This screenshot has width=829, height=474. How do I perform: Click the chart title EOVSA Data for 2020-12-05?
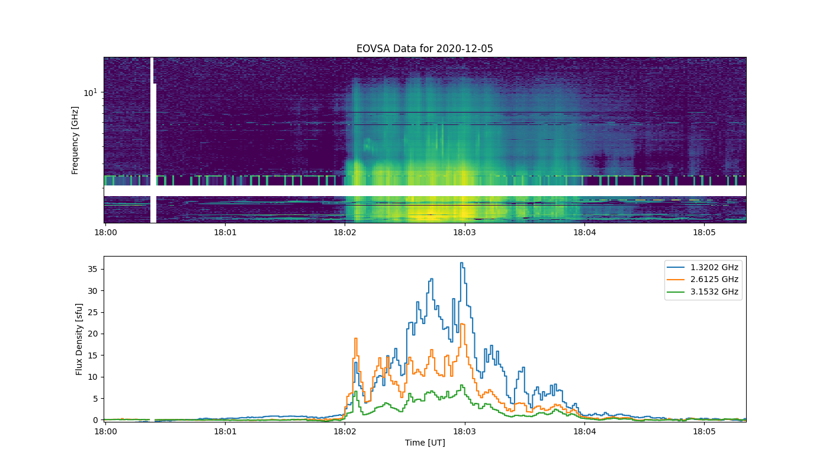pyautogui.click(x=425, y=49)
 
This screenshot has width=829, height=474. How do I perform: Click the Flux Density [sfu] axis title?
pyautogui.click(x=79, y=339)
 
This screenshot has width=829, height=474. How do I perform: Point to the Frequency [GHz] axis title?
pyautogui.click(x=75, y=140)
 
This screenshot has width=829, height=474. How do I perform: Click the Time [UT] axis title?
pyautogui.click(x=425, y=443)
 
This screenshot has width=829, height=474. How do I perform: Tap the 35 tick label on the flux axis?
pyautogui.click(x=92, y=269)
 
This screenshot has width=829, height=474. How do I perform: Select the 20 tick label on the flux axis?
pyautogui.click(x=92, y=334)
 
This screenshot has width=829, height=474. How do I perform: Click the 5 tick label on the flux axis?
pyautogui.click(x=95, y=398)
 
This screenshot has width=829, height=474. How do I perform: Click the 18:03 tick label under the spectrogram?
pyautogui.click(x=465, y=232)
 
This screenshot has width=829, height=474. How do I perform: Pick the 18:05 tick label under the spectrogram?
pyautogui.click(x=704, y=232)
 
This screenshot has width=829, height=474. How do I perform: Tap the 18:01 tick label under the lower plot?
pyautogui.click(x=225, y=431)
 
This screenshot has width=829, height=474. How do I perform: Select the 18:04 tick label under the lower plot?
pyautogui.click(x=585, y=431)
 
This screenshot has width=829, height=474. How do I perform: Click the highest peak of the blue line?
pyautogui.click(x=461, y=263)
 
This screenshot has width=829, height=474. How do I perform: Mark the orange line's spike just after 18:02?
pyautogui.click(x=356, y=338)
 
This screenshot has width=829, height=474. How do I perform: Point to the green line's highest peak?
pyautogui.click(x=461, y=385)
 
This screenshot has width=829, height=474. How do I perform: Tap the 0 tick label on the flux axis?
pyautogui.click(x=95, y=420)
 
